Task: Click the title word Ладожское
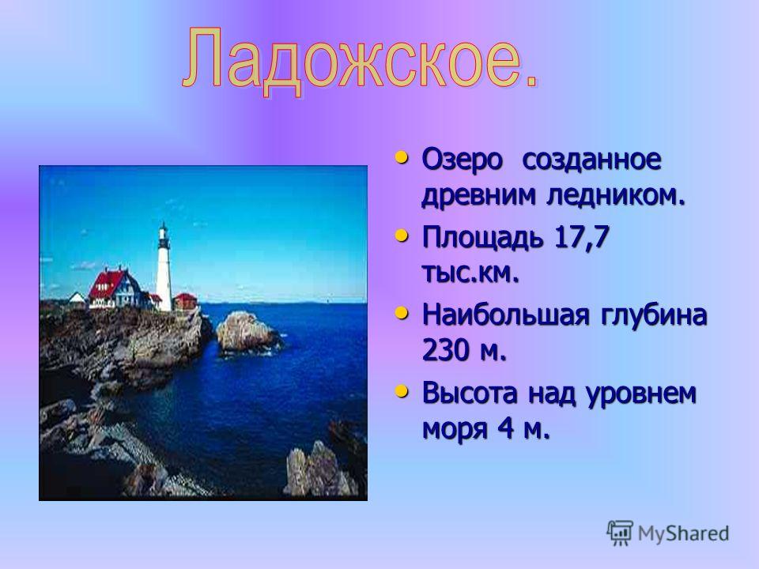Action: (x=361, y=61)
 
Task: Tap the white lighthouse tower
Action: (x=164, y=268)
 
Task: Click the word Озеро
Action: (x=463, y=159)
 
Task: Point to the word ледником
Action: (x=616, y=194)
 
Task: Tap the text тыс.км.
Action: (x=470, y=273)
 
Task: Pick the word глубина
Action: (x=654, y=315)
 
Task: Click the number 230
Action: (x=446, y=349)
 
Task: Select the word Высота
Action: (x=470, y=393)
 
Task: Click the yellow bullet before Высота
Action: (x=401, y=391)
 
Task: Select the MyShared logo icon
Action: (x=620, y=533)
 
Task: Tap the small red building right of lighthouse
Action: (x=185, y=300)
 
